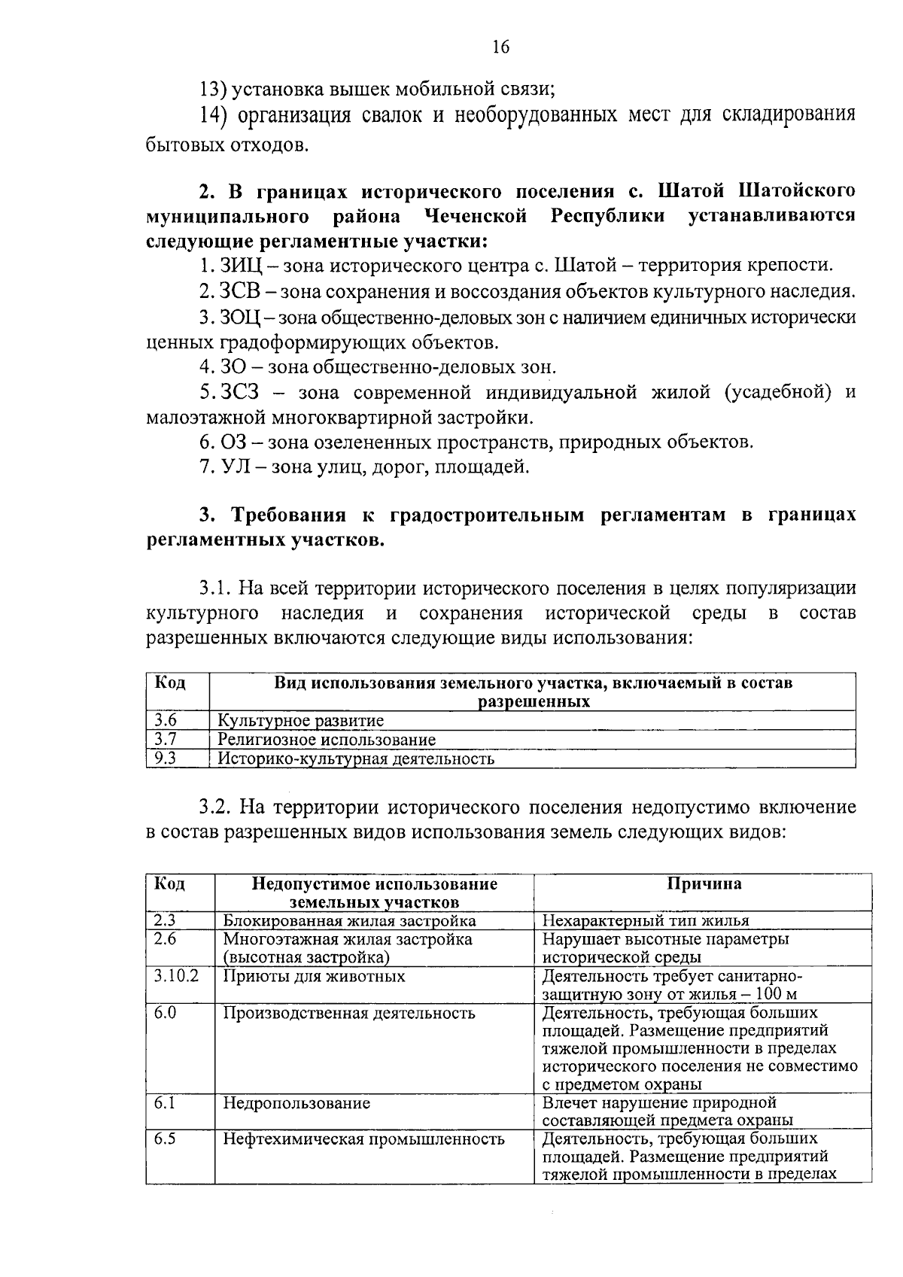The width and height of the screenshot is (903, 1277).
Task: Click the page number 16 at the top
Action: tap(500, 47)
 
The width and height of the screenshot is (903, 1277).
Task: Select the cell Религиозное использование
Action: tap(327, 739)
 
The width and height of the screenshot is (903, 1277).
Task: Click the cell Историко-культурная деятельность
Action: tap(356, 759)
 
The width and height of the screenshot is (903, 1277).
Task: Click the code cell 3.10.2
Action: tap(177, 976)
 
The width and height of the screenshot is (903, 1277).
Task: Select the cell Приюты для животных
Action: tap(314, 976)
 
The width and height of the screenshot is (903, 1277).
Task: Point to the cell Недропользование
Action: tap(296, 1103)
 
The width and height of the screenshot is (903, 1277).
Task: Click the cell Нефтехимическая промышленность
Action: tap(363, 1139)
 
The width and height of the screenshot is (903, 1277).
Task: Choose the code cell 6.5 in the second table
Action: tap(166, 1139)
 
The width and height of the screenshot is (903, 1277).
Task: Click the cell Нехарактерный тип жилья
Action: tap(645, 920)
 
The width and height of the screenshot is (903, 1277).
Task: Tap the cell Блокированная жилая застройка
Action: tap(349, 920)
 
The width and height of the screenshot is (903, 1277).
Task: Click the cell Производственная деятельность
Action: tap(349, 1013)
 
